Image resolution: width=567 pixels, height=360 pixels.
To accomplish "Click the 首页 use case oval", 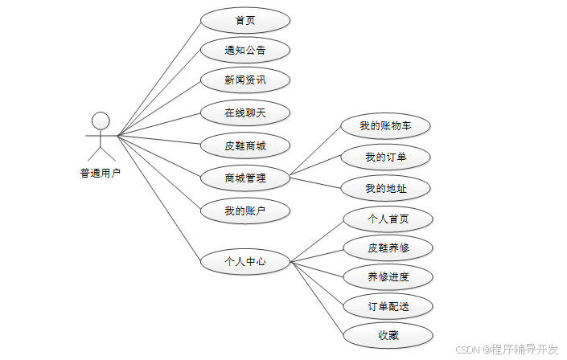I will point(244,21).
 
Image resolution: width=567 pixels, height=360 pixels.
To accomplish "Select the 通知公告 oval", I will point(244,51).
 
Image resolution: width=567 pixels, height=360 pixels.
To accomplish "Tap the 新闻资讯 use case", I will point(244,80).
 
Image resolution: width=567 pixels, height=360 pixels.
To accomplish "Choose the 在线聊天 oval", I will point(244,113).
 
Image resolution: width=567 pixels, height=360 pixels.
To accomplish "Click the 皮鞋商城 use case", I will point(244,146).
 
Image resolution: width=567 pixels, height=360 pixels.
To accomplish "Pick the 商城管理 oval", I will point(244,178).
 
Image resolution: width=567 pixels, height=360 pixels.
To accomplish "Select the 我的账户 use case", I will point(244,211).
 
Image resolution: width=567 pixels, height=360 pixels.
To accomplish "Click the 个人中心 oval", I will point(244,261).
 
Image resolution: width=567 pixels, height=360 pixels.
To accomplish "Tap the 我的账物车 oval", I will point(386,125).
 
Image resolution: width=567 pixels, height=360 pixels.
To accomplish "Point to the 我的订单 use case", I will point(386,157).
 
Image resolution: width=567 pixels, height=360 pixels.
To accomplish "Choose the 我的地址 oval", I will point(386,189).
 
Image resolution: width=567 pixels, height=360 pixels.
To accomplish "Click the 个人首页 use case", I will point(388,218).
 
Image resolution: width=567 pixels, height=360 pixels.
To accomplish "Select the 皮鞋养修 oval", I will point(388,247).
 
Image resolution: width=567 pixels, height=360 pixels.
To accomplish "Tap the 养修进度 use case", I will point(388,277).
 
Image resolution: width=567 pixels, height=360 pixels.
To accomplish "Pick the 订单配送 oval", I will point(388,306).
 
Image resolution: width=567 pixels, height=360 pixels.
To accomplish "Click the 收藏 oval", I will point(388,335).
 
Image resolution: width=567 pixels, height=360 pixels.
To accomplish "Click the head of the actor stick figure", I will point(101,121).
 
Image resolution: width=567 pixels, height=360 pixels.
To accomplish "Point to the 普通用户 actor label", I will point(101,172).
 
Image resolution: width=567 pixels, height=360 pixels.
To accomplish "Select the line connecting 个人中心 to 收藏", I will point(318,299).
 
